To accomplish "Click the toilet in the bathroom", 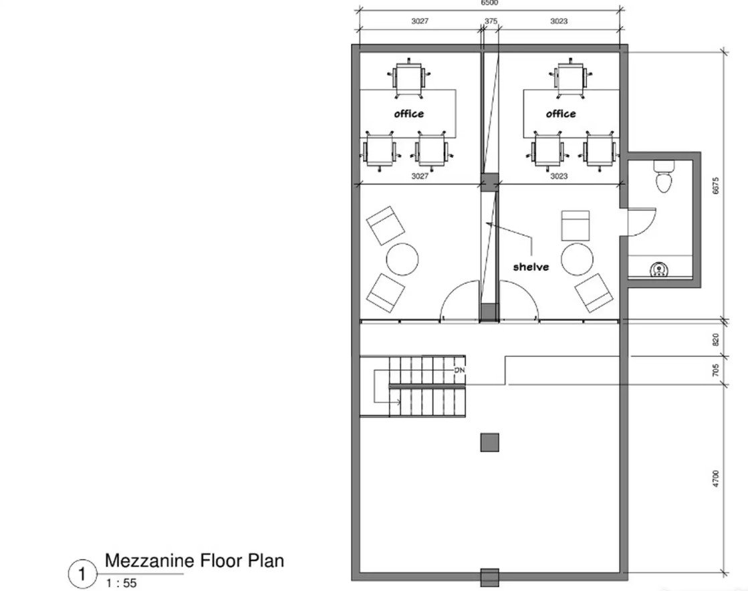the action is click(664, 176).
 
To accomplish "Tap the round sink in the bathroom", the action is click(659, 270).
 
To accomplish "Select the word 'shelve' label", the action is click(531, 267).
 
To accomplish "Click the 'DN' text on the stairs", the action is click(459, 370).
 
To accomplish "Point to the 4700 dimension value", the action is click(715, 479).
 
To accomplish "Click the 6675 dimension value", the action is click(715, 186).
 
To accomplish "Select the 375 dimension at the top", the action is click(491, 21).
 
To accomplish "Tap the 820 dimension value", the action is click(715, 340).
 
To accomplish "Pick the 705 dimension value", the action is click(715, 370).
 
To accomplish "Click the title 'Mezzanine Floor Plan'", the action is click(194, 560).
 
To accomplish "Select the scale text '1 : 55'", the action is click(121, 583).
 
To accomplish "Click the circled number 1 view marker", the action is click(82, 574).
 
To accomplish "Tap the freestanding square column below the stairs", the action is click(489, 442).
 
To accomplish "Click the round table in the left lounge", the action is click(402, 259).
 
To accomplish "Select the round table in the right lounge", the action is click(578, 259).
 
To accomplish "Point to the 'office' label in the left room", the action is click(409, 114).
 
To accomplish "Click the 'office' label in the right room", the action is click(561, 114).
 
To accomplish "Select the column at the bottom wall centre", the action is click(489, 577).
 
